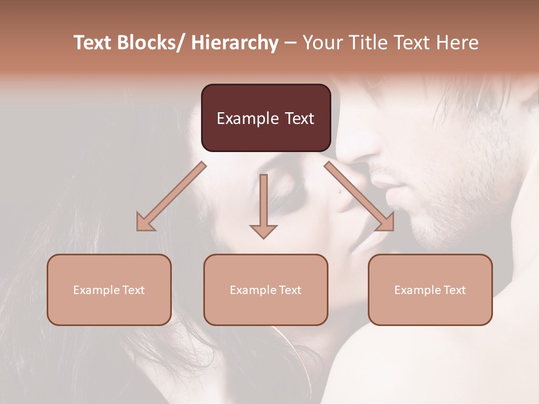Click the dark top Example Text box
coord(266,118)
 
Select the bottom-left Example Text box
coord(109,290)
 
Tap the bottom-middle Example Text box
coord(266,290)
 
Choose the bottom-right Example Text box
coord(430,290)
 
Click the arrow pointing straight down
coord(263,205)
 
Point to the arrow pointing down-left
coord(171,196)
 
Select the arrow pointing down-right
coord(359,196)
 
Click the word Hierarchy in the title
coord(235,43)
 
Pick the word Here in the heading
coord(456,43)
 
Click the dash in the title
coord(291,43)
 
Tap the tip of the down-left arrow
coord(138,229)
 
